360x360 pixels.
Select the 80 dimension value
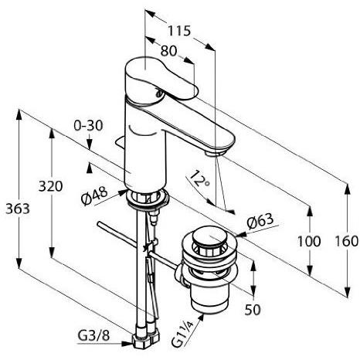(168, 51)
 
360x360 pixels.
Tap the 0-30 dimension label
(89, 125)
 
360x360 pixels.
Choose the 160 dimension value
(346, 241)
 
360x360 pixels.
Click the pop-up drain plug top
(208, 237)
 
